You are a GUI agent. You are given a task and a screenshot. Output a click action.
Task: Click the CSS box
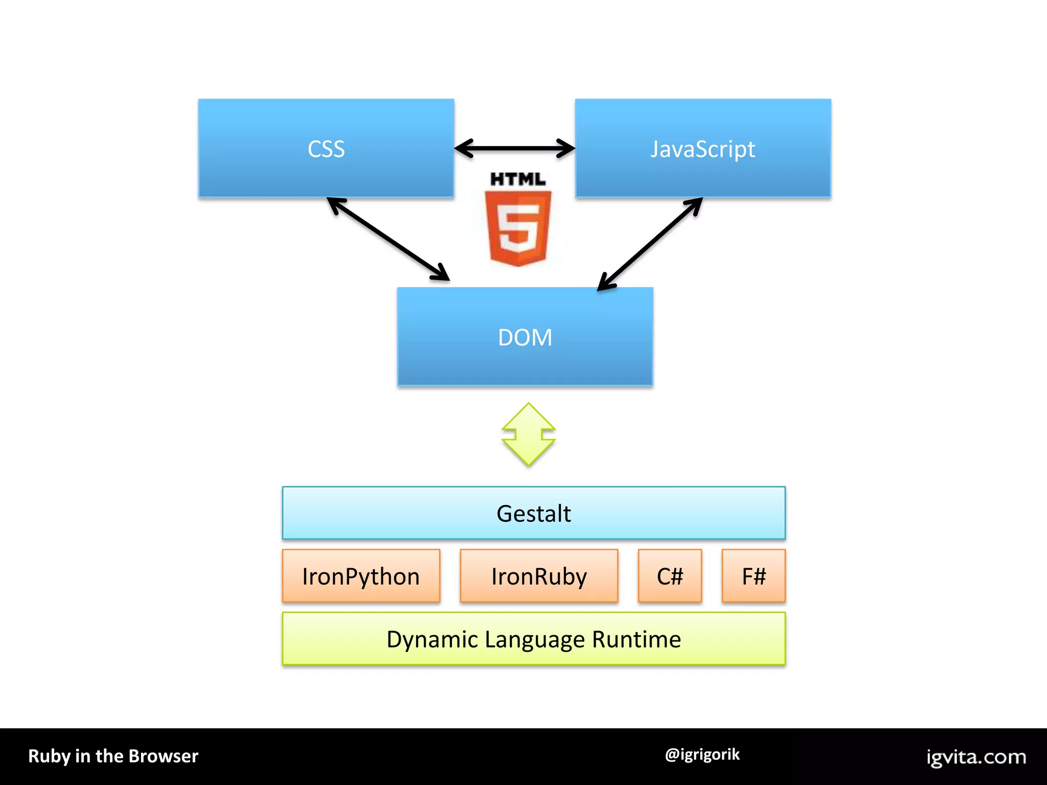click(326, 148)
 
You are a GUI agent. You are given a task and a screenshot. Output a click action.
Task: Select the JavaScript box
click(702, 148)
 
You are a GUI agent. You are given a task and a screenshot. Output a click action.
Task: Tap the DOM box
click(525, 337)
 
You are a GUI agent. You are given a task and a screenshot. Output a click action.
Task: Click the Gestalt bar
click(533, 513)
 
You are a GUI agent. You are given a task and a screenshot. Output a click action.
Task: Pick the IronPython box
click(361, 576)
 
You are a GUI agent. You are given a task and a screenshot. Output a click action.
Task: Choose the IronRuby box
click(539, 576)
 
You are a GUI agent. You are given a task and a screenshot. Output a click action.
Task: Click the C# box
click(670, 576)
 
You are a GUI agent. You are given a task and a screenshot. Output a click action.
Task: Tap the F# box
click(754, 576)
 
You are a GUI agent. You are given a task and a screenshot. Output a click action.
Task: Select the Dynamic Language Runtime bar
click(533, 639)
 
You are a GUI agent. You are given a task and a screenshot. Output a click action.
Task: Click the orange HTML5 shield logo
click(518, 228)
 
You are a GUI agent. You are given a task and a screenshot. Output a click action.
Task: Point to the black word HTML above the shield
click(518, 179)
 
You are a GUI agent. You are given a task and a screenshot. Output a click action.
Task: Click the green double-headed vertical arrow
click(529, 434)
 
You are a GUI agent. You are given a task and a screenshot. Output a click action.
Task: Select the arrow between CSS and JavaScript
click(514, 149)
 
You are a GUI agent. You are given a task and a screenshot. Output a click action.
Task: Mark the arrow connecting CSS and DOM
click(389, 239)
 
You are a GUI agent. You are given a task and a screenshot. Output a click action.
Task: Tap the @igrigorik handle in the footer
click(702, 754)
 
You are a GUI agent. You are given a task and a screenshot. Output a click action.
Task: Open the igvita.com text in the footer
click(976, 757)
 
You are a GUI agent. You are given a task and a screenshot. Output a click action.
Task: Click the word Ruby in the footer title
click(49, 756)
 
